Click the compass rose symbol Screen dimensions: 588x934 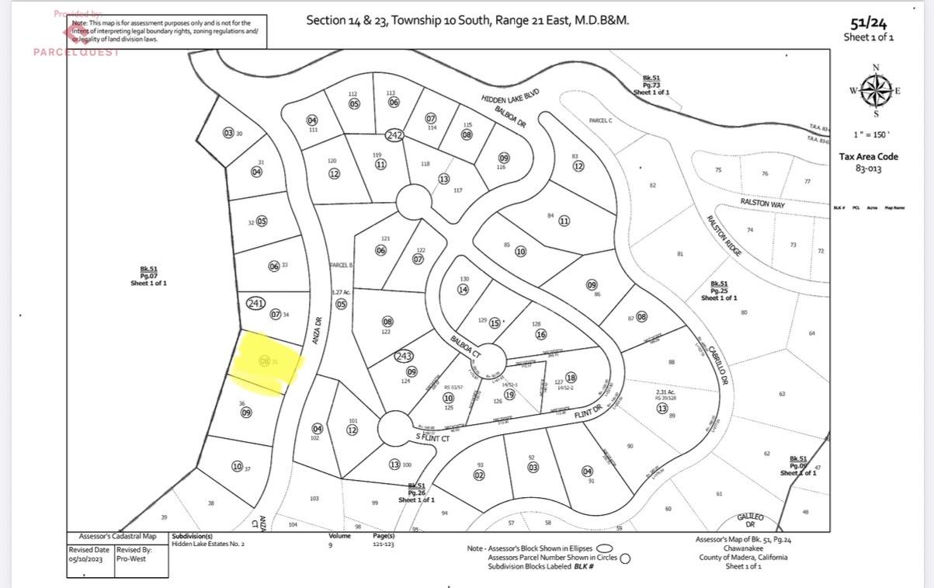tap(876, 90)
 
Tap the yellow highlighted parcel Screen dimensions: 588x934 tap(266, 362)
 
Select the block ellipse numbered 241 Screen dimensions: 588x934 tap(256, 303)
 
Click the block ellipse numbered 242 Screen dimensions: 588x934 tap(394, 135)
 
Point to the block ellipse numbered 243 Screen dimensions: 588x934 tap(404, 356)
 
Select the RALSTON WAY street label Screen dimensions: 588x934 tap(762, 203)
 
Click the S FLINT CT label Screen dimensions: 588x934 tap(432, 438)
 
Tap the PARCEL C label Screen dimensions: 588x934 tap(600, 120)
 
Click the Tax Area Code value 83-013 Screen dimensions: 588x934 tap(868, 169)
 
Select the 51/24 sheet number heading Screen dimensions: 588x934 tap(868, 23)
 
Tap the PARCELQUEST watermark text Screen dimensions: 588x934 tap(76, 52)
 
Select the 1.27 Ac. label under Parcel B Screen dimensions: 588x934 tap(340, 292)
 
